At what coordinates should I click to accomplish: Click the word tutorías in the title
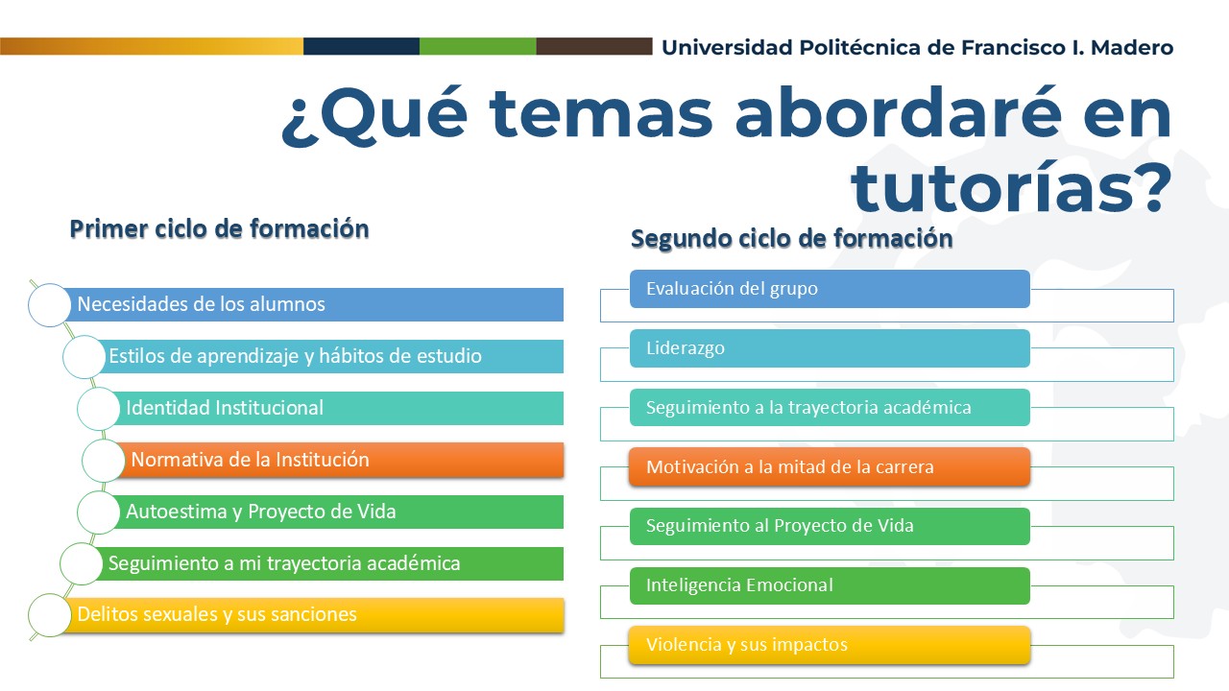[x=1011, y=186]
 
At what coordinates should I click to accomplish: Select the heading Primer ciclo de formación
[x=219, y=229]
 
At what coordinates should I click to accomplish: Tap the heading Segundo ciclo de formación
[x=792, y=239]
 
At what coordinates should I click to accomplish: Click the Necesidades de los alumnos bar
[x=313, y=304]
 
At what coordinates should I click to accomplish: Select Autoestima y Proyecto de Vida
[x=335, y=512]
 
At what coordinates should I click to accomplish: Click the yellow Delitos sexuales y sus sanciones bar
[x=313, y=615]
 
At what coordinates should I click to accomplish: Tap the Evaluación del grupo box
[x=830, y=289]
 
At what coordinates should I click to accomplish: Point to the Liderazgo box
[x=830, y=348]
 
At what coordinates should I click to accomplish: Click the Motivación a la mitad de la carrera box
[x=830, y=467]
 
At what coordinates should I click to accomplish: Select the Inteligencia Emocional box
[x=830, y=585]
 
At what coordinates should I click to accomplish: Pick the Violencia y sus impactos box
[x=830, y=645]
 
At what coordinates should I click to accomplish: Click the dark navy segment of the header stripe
[x=362, y=46]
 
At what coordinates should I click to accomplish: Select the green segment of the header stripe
[x=478, y=46]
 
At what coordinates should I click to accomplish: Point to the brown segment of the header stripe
[x=594, y=46]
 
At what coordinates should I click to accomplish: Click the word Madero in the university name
[x=1132, y=48]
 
